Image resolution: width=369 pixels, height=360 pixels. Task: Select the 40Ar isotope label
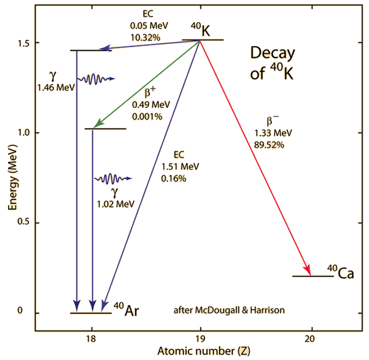[125, 309]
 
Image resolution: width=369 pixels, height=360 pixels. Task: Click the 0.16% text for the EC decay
[174, 178]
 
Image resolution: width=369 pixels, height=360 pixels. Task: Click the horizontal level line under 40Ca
[313, 277]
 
